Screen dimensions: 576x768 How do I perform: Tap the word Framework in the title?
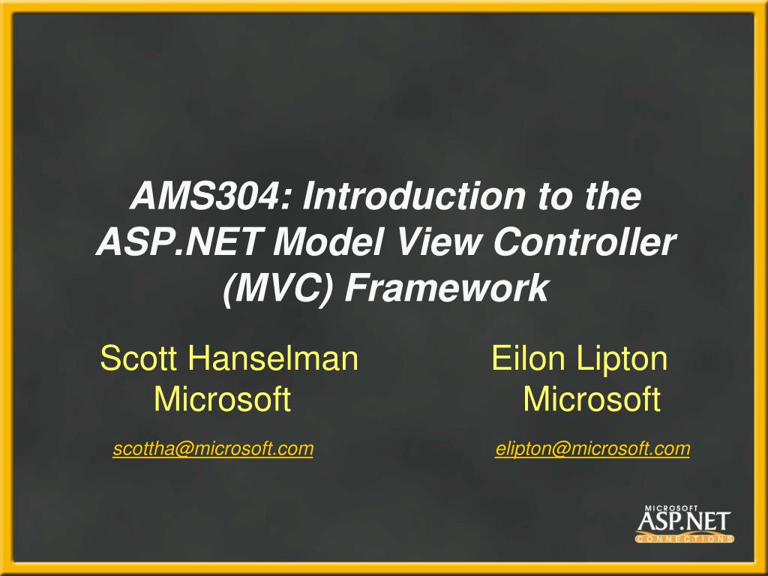pyautogui.click(x=446, y=289)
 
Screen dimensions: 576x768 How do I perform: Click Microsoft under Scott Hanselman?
pyautogui.click(x=222, y=400)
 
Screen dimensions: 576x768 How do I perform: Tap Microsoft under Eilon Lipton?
pyautogui.click(x=592, y=400)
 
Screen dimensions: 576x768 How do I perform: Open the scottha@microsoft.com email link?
pyautogui.click(x=213, y=449)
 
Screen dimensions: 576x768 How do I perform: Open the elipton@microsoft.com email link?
pyautogui.click(x=592, y=449)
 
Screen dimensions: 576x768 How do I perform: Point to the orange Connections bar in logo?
pyautogui.click(x=684, y=538)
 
